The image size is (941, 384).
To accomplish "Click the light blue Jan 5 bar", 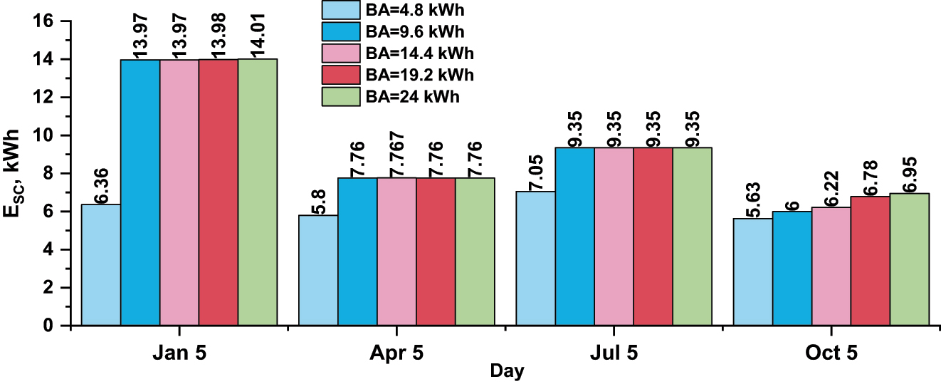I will click(x=100, y=265).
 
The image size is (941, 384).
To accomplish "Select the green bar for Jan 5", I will click(x=257, y=192).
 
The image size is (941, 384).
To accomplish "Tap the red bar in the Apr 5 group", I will click(x=436, y=251).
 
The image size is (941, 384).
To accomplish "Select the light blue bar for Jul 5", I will click(x=535, y=259).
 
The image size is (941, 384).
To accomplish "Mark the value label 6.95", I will click(x=909, y=173).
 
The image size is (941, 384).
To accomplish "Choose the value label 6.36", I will click(x=100, y=185).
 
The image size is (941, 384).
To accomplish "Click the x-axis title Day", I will click(x=507, y=372).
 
